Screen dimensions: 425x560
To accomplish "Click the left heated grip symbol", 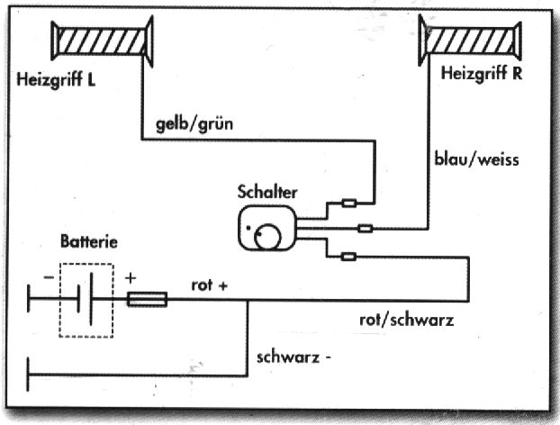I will [102, 41].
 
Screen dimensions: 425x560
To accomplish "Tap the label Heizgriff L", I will [56, 79].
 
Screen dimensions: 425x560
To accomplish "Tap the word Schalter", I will [266, 192].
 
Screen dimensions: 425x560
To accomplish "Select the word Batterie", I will [88, 242].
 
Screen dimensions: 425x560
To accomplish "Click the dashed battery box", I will [86, 301].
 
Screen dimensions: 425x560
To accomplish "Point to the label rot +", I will [210, 285].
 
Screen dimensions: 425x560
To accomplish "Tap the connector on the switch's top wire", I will [349, 203].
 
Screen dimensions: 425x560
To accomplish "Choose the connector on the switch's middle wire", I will [366, 229].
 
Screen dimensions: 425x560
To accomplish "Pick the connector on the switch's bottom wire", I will [349, 257].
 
